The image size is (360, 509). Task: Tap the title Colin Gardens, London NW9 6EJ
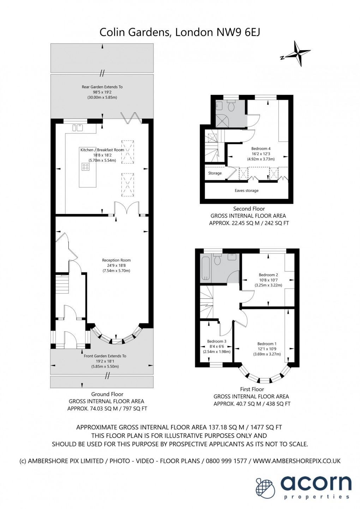coord(180,32)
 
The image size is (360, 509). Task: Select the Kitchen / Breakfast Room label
coord(102,150)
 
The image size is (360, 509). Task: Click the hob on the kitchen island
coord(85,166)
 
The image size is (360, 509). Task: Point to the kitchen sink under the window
coord(78,128)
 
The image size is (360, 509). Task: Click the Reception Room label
coord(116,260)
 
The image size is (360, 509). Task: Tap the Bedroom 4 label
coord(261,149)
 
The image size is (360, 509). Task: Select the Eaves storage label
coord(246,191)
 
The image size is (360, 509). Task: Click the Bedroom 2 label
coord(268,275)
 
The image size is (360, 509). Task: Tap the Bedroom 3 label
coord(217,341)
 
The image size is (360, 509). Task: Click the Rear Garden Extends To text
coord(102,87)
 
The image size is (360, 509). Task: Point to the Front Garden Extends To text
coord(105,356)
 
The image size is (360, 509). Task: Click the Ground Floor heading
coord(107,394)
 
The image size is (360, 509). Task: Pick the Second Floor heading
coord(249,209)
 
